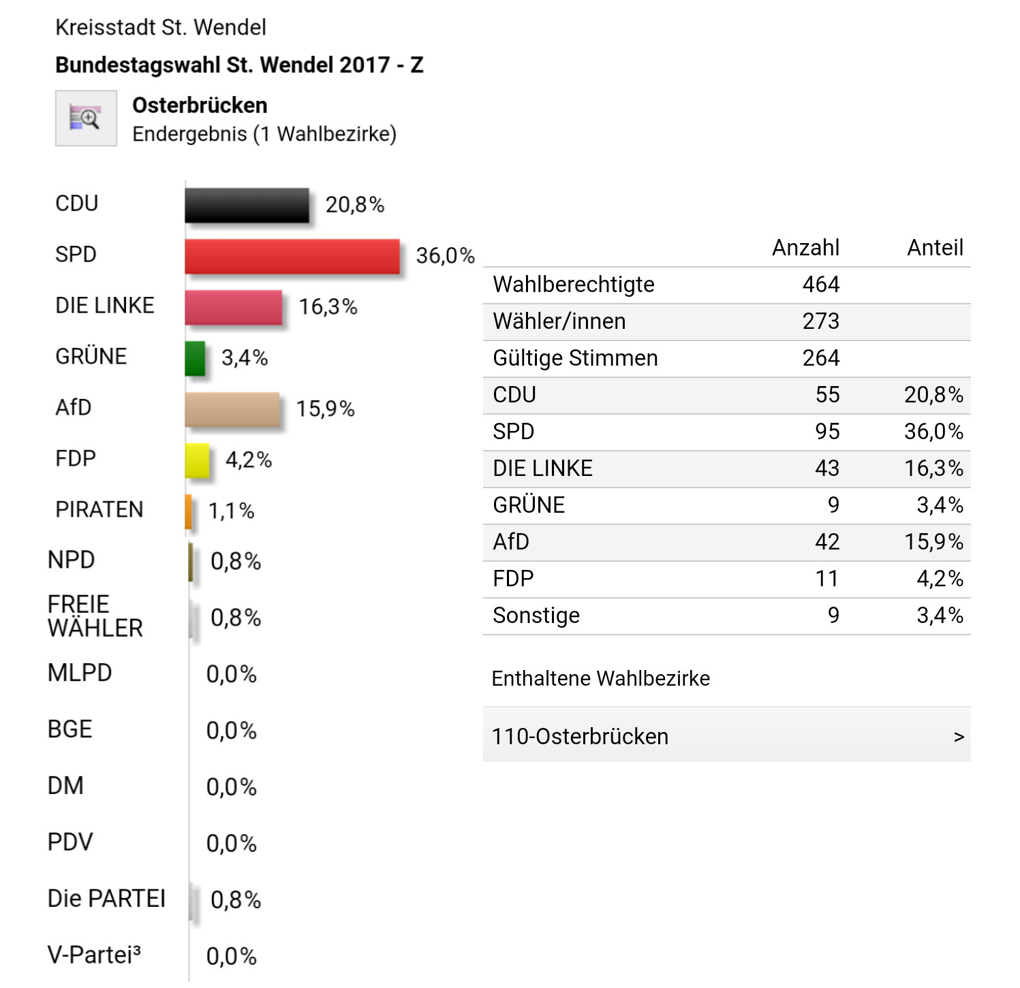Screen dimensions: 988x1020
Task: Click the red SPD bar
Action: coord(292,257)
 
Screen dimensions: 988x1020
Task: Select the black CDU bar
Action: coord(247,206)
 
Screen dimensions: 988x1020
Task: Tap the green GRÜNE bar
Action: coord(195,358)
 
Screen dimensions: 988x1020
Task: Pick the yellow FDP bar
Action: coord(197,460)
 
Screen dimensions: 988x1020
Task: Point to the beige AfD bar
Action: coord(232,409)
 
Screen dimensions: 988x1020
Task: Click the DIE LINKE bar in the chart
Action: coord(234,308)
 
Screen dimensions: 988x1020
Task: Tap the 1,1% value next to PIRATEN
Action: coord(231,511)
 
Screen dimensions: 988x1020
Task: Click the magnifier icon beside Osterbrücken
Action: coord(86,118)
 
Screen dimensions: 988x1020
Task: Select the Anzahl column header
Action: coord(805,248)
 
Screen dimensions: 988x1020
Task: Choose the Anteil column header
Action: coord(935,248)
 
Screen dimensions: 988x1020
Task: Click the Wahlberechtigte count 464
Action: coord(820,285)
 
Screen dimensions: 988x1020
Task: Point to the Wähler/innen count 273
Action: coord(820,321)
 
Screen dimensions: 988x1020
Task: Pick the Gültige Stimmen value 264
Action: coord(820,358)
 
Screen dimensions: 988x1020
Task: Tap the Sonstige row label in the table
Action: coord(536,616)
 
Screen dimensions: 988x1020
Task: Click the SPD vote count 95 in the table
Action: coord(827,432)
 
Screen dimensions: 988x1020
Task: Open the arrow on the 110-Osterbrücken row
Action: coord(959,737)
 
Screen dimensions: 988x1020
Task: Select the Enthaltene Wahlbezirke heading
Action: coord(600,679)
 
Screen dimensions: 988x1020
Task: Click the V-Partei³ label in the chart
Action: coord(94,955)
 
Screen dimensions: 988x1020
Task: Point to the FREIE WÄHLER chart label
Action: coord(95,616)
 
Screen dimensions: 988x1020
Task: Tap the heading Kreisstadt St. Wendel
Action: coord(160,27)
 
